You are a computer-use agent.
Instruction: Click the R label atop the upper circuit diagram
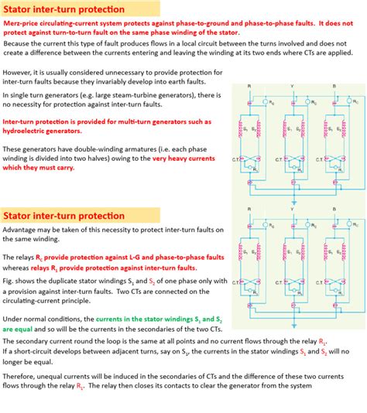[x=249, y=86]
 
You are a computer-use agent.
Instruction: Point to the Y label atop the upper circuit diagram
[x=291, y=86]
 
